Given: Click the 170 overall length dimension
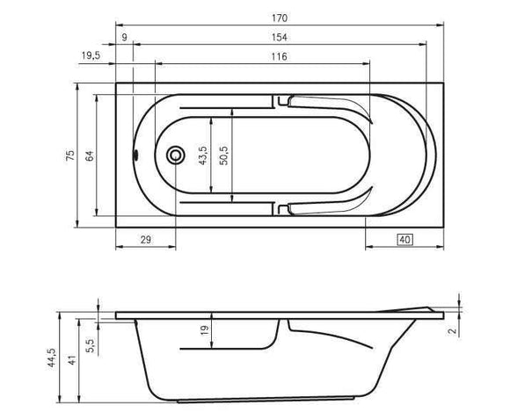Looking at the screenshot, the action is tap(280, 18).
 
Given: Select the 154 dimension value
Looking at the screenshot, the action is tap(280, 38).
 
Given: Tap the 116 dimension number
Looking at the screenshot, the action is tap(280, 56).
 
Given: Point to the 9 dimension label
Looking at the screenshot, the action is tap(124, 38).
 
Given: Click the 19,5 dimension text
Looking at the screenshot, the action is tap(91, 55).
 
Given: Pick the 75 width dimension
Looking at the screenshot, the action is tap(70, 155).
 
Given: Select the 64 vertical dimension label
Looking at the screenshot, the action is tap(90, 155).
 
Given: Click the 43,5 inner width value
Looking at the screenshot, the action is tap(202, 155).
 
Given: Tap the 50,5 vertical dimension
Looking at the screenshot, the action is tap(223, 155).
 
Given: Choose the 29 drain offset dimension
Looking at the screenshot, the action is tap(146, 240).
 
